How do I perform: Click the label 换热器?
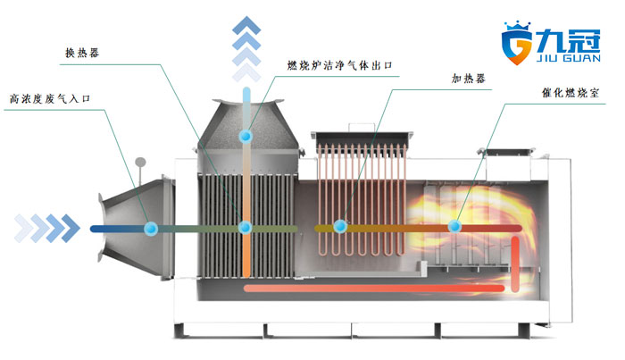tap(82, 52)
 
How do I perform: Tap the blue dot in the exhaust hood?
tap(245, 136)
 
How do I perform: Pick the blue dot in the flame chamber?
tap(455, 227)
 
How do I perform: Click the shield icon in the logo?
tap(518, 41)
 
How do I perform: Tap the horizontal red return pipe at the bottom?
tap(375, 289)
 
